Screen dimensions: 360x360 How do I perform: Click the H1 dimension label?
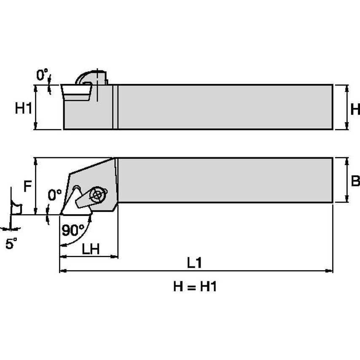(24, 109)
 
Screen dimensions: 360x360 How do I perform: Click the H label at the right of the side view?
(355, 110)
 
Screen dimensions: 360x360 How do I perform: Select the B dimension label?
(355, 181)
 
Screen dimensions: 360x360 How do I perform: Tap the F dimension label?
(27, 187)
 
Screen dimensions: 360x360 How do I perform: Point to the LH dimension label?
(90, 249)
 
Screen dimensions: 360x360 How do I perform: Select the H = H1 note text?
(195, 287)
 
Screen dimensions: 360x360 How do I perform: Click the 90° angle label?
(73, 230)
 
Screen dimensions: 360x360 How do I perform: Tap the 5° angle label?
(11, 244)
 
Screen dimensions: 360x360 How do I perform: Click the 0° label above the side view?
(42, 75)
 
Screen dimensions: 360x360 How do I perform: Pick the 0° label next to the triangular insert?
(54, 195)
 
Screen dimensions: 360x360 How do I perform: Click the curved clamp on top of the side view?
(90, 78)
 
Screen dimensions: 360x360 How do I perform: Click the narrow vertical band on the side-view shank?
(115, 107)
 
